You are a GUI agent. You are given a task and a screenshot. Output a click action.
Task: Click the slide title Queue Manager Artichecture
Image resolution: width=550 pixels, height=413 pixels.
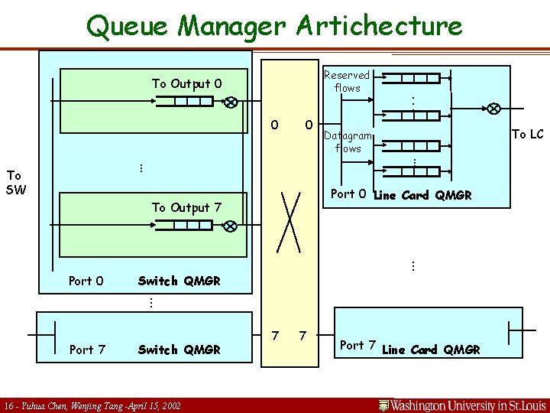[274, 25]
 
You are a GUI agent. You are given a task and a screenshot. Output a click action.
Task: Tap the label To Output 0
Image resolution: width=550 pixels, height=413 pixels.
[186, 83]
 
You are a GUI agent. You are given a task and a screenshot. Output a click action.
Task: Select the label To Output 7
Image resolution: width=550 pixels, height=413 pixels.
[186, 207]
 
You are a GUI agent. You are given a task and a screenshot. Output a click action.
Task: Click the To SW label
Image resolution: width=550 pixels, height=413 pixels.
[15, 182]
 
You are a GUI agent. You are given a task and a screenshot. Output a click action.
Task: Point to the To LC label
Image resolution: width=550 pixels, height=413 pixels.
[527, 135]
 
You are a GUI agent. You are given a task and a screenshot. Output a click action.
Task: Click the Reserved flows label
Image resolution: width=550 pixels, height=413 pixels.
[347, 81]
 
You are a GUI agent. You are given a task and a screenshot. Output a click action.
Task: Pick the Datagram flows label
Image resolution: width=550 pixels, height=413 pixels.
[348, 141]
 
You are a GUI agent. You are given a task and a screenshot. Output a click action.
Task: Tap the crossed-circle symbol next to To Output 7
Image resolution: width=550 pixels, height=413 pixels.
[229, 226]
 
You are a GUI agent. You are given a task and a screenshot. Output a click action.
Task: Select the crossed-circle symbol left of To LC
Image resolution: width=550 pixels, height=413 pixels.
[495, 108]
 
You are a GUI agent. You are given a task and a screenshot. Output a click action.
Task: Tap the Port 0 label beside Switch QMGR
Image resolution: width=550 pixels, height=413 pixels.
[86, 281]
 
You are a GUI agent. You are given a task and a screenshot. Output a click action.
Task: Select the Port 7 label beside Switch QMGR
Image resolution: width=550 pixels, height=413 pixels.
[86, 350]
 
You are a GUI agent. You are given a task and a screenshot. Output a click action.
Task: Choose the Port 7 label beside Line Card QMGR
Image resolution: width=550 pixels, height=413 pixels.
[357, 345]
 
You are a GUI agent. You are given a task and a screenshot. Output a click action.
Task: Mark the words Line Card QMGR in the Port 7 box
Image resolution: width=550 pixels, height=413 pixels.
[431, 350]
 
